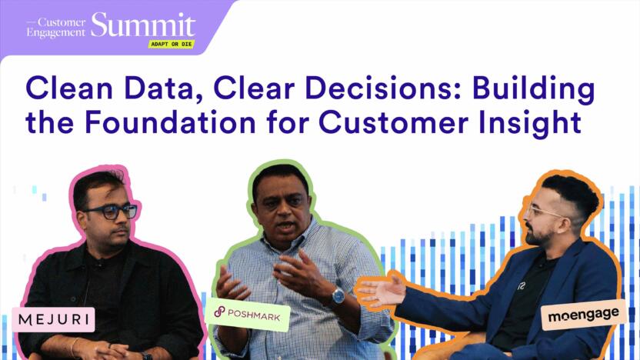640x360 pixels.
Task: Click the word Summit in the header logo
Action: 143,25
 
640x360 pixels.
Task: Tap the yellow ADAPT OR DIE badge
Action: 171,44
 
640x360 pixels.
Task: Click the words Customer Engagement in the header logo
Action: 56,28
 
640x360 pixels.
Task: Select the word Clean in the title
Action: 69,88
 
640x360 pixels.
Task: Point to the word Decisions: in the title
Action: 383,88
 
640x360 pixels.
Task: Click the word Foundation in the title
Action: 170,122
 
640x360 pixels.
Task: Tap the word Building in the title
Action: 534,90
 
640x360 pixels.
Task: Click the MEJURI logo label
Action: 54,319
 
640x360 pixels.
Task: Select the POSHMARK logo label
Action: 248,315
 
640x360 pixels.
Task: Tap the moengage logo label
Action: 583,315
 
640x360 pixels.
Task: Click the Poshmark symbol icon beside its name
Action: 219,312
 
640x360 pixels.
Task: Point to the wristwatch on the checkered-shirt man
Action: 338,295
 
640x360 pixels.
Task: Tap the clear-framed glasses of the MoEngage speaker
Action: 544,211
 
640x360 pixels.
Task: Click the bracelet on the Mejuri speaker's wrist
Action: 74,347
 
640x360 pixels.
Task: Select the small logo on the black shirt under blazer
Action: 522,286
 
